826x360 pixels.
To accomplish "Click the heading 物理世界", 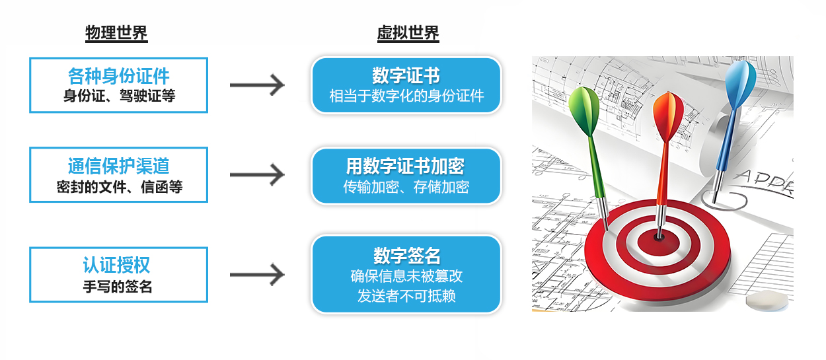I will pyautogui.click(x=116, y=33).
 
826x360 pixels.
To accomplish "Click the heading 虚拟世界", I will pyautogui.click(x=408, y=33).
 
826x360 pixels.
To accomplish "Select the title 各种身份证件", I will pyautogui.click(x=119, y=76).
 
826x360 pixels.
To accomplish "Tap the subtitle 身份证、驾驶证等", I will pyautogui.click(x=119, y=96).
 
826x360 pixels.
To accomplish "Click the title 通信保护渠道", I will pyautogui.click(x=119, y=166).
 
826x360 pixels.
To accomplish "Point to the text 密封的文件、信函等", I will pyautogui.click(x=119, y=187).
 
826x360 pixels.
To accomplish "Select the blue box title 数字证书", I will pyautogui.click(x=406, y=75).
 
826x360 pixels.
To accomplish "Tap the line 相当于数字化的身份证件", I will pyautogui.click(x=406, y=96).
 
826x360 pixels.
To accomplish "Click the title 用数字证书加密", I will pyautogui.click(x=406, y=166).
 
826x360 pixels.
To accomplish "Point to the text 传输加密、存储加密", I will pyautogui.click(x=406, y=187).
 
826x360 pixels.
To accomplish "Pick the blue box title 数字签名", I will pyautogui.click(x=406, y=255).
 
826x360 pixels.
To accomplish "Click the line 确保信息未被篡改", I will pyautogui.click(x=406, y=276).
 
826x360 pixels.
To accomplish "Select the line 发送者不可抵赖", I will pyautogui.click(x=406, y=296).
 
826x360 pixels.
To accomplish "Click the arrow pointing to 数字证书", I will pyautogui.click(x=257, y=85).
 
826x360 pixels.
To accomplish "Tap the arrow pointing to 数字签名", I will pyautogui.click(x=257, y=275).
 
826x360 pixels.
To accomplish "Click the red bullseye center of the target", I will pyautogui.click(x=658, y=234).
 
